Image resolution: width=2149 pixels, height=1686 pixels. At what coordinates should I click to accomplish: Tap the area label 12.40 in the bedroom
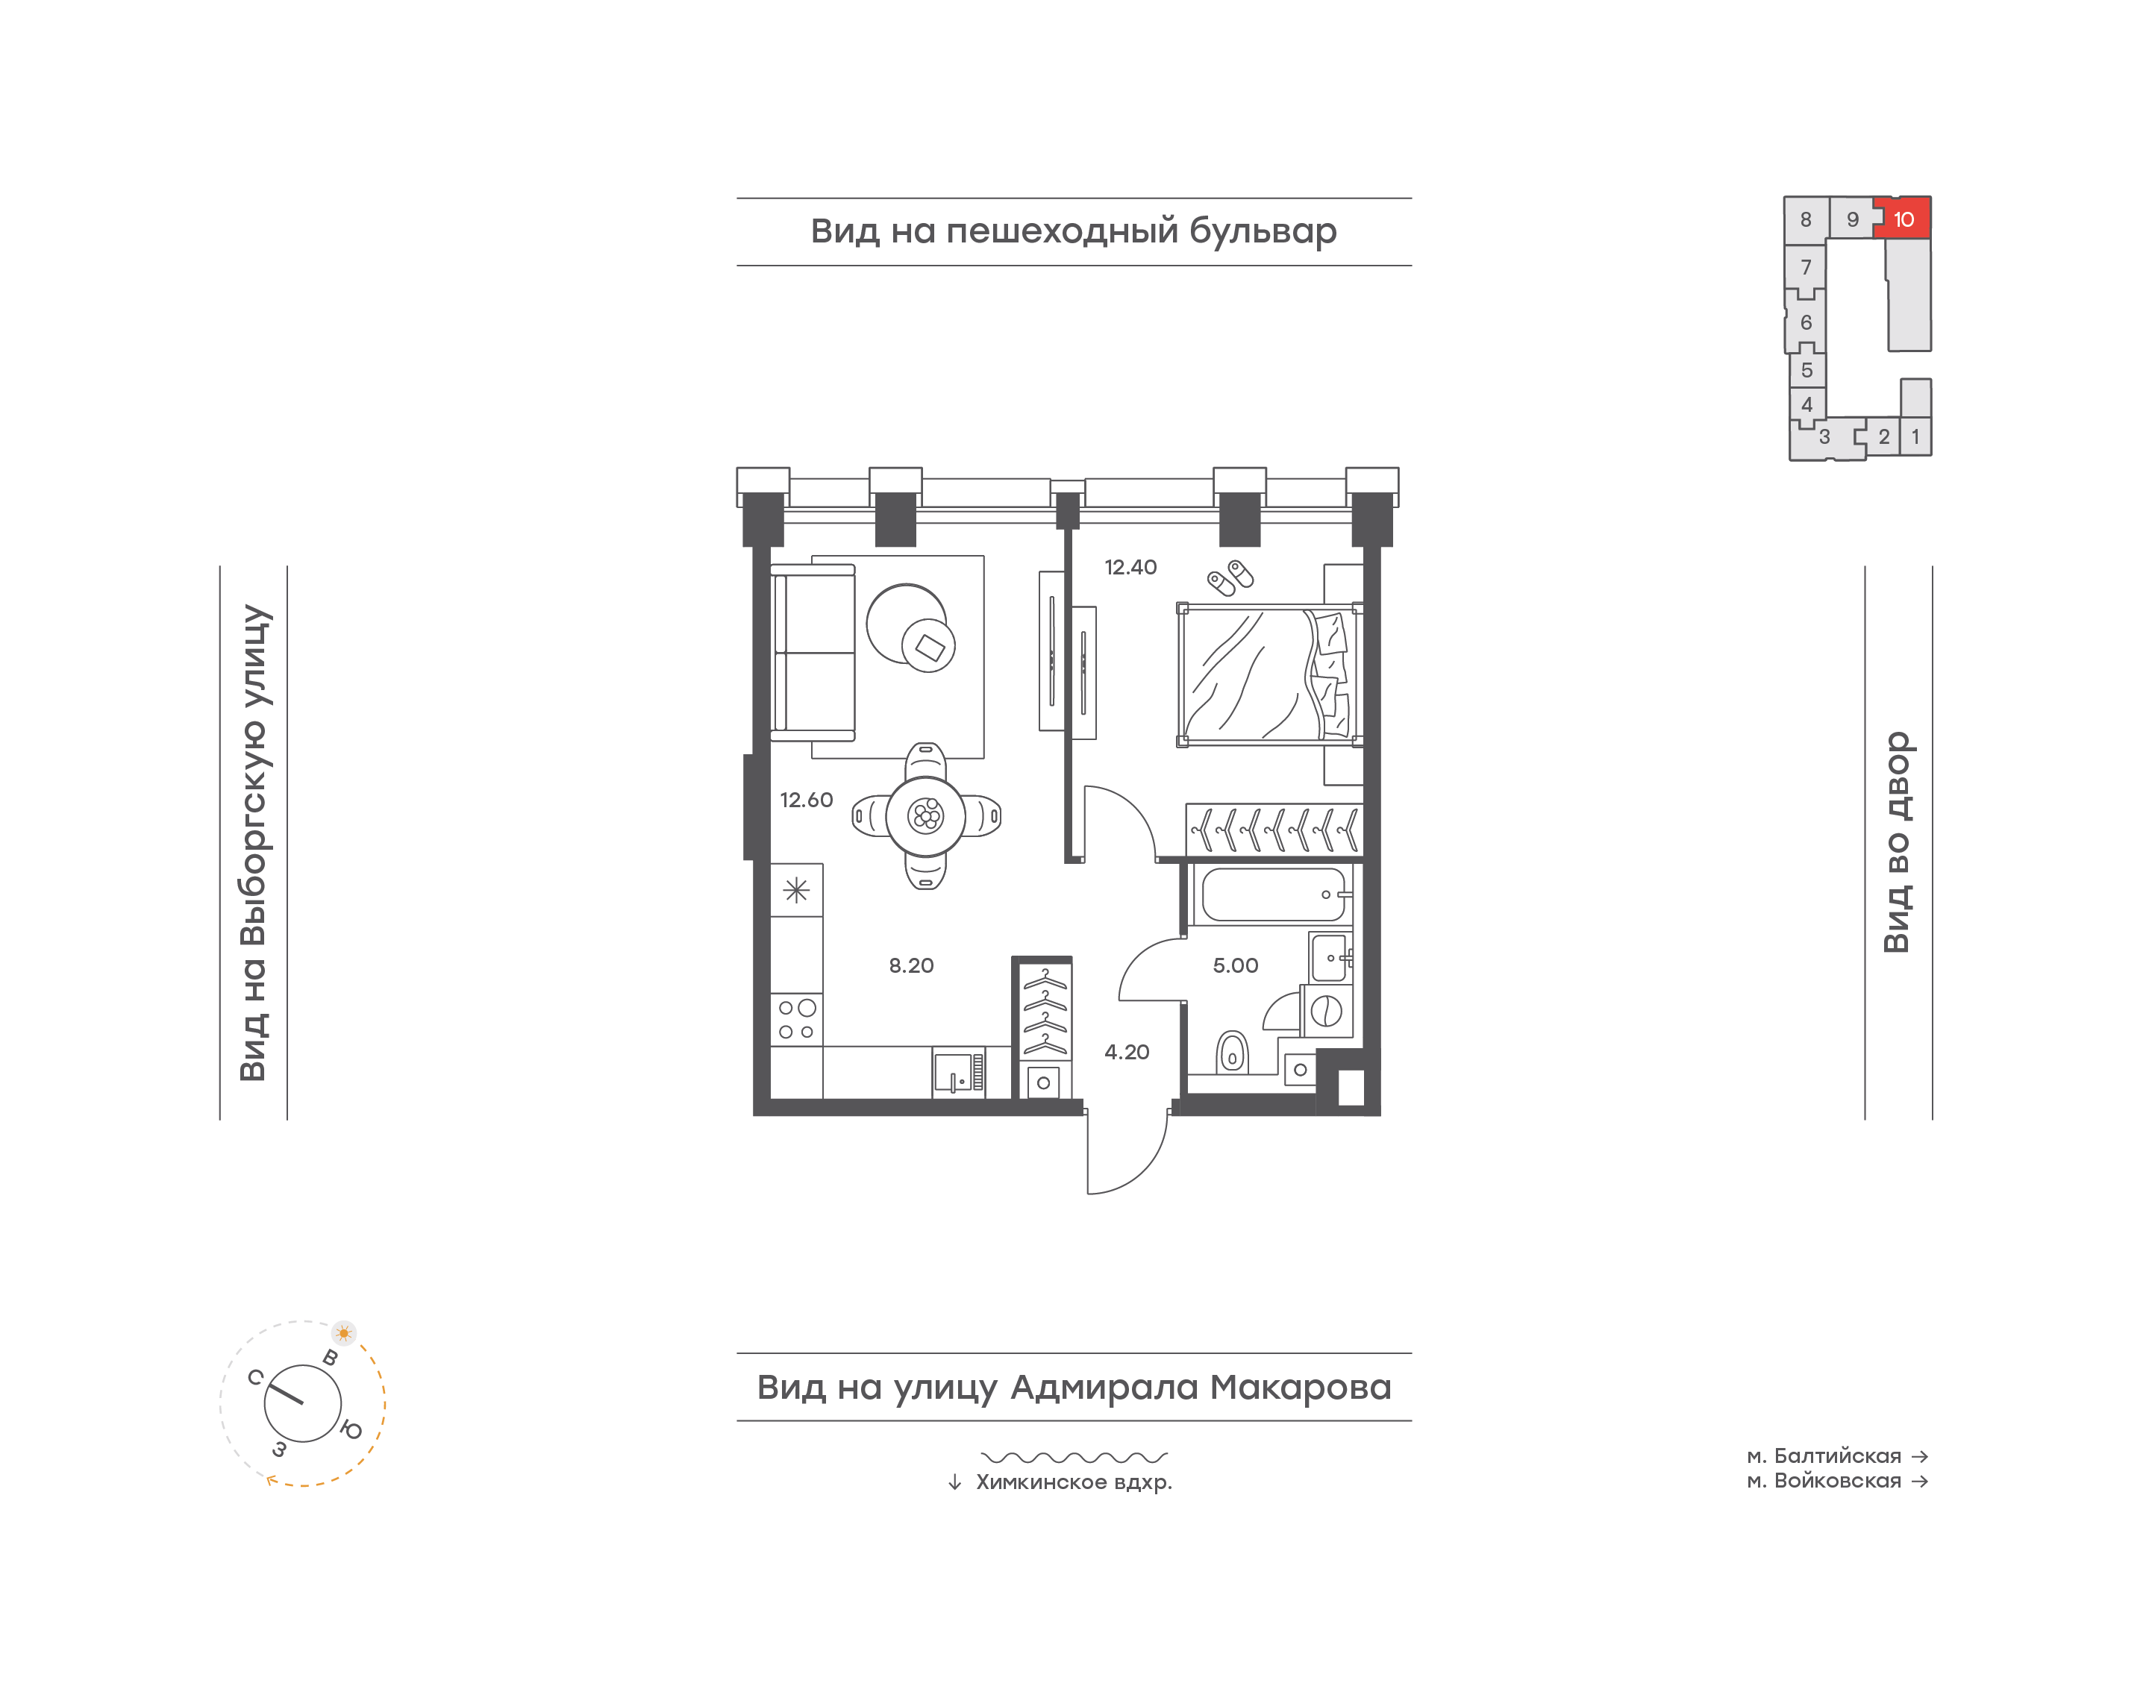point(1130,568)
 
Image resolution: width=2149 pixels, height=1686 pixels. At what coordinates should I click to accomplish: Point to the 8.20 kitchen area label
point(911,965)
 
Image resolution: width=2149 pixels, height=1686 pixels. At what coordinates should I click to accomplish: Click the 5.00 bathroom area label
point(1235,965)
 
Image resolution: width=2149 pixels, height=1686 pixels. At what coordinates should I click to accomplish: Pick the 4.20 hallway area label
point(1126,1053)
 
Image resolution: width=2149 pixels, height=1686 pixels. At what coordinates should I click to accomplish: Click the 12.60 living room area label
point(807,800)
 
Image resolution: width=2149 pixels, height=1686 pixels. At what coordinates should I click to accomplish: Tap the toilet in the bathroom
point(1233,1053)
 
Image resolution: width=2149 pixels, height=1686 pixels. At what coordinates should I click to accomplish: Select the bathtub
point(1274,894)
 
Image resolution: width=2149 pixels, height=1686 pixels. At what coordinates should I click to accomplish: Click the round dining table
point(926,816)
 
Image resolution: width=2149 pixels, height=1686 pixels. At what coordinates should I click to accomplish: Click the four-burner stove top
point(797,1020)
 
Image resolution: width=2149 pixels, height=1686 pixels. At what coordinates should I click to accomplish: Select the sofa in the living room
point(813,653)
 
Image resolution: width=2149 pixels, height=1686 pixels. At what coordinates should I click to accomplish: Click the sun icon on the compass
point(343,1332)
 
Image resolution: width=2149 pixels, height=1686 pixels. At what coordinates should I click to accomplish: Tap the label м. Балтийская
point(1823,1456)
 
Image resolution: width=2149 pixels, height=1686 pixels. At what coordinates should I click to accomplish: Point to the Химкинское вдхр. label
point(1074,1482)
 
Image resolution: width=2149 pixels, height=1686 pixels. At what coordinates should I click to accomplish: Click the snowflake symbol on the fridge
point(797,891)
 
